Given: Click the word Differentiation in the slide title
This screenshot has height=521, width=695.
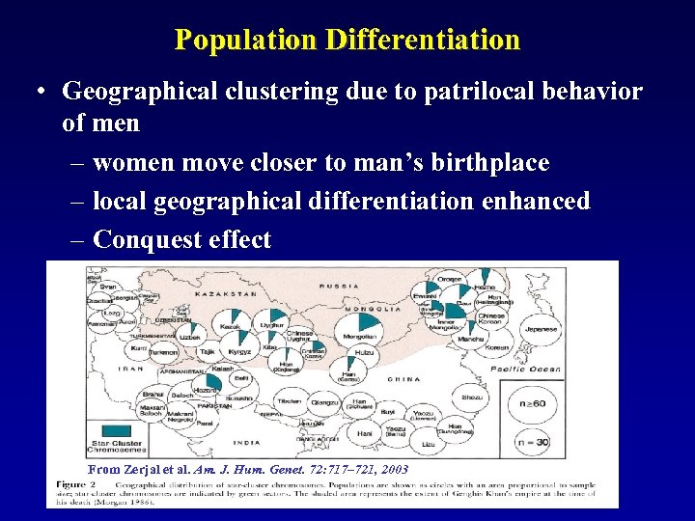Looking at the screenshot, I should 423,40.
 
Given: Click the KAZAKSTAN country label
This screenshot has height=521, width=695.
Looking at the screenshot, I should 228,293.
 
